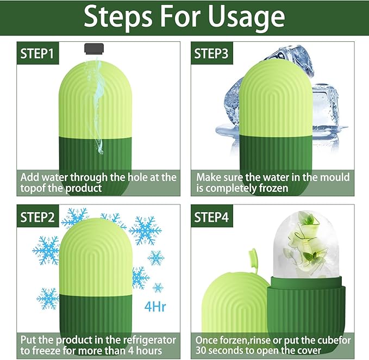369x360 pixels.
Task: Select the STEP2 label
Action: [x=38, y=218]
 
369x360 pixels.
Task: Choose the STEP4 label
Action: [x=213, y=218]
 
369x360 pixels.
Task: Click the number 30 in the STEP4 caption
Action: [x=202, y=351]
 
